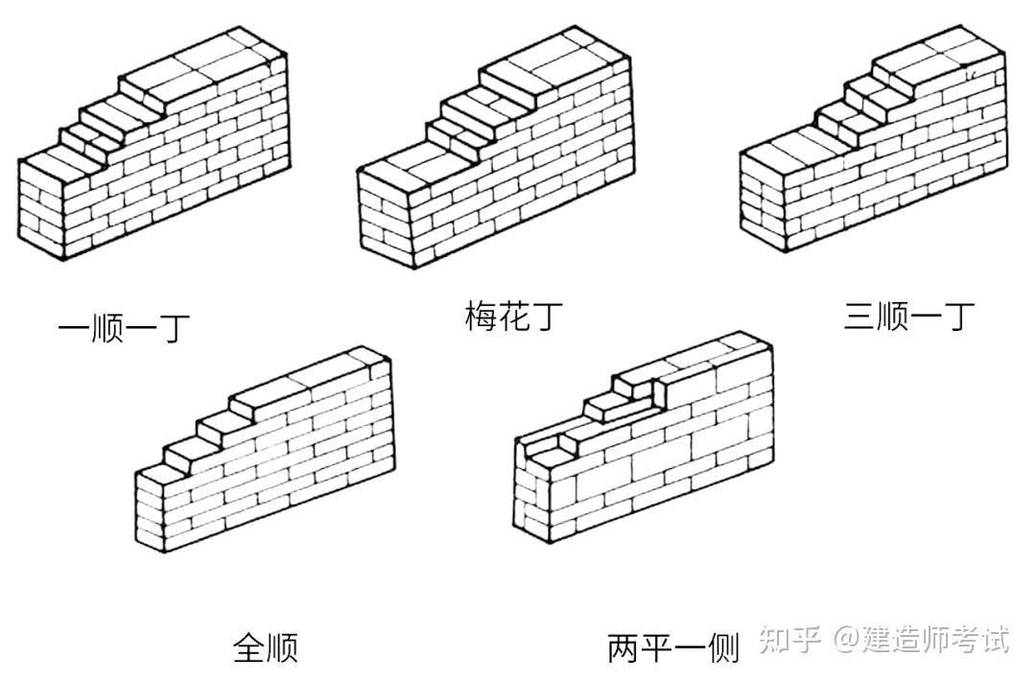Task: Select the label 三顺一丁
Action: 908,317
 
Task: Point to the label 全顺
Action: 265,647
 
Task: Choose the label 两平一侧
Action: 672,648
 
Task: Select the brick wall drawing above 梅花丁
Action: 495,153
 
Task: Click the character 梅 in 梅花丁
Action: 480,316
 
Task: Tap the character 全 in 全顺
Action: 248,647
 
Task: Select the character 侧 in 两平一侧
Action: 722,648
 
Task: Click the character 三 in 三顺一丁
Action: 859,317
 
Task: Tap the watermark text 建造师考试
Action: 935,639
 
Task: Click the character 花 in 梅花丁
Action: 510,316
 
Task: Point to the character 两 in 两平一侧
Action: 624,648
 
